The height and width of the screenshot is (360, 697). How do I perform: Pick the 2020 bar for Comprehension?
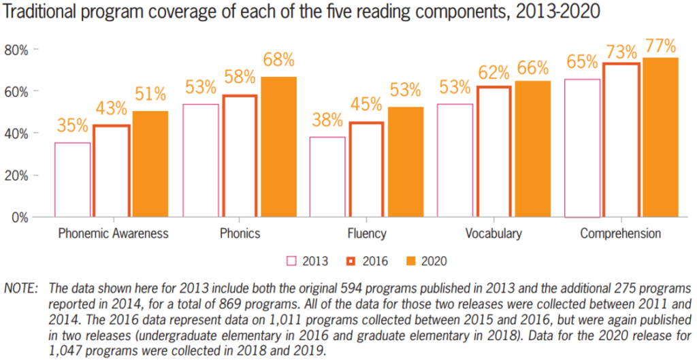pos(660,137)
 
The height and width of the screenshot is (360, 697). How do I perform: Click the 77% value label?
pos(660,46)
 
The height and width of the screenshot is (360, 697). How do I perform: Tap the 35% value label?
pos(72,125)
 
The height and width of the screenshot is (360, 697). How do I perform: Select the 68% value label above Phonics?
pos(278,59)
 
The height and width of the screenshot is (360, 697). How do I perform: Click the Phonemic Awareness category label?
pos(113,233)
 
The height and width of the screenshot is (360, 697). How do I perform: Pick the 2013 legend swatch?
pos(292,261)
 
